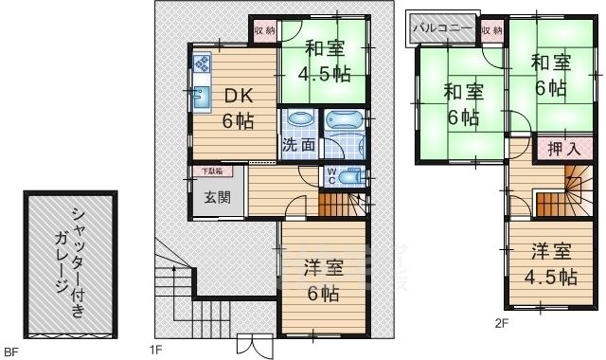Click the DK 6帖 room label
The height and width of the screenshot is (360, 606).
(238, 108)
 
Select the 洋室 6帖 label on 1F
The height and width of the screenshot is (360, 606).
(321, 280)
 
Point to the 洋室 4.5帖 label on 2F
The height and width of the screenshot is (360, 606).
(552, 265)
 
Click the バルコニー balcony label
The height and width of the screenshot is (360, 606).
(441, 28)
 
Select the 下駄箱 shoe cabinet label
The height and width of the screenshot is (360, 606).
(210, 171)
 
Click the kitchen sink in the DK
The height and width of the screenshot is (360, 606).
(202, 97)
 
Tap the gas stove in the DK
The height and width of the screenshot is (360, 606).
(203, 64)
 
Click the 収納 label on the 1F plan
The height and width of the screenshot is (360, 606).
(264, 30)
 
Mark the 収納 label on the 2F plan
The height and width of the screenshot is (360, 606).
(491, 30)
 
